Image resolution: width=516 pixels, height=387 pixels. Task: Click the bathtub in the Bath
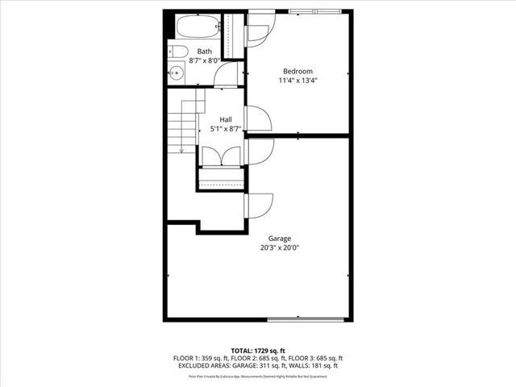point(194,28)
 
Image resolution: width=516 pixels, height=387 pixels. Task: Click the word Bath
point(205,52)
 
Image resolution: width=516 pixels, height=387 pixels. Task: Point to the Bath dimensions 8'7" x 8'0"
point(205,60)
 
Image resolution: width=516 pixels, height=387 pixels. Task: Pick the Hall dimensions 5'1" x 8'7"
point(226,128)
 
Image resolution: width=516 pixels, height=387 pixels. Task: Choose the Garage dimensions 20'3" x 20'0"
point(280,248)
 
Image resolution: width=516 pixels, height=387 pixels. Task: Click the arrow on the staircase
point(182,145)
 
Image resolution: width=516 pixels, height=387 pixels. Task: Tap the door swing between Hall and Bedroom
point(258,119)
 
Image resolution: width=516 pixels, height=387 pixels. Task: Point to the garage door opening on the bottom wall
point(307,320)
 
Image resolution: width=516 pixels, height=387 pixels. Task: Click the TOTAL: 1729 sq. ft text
point(257,350)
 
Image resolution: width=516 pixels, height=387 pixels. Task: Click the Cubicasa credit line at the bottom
point(257,376)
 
